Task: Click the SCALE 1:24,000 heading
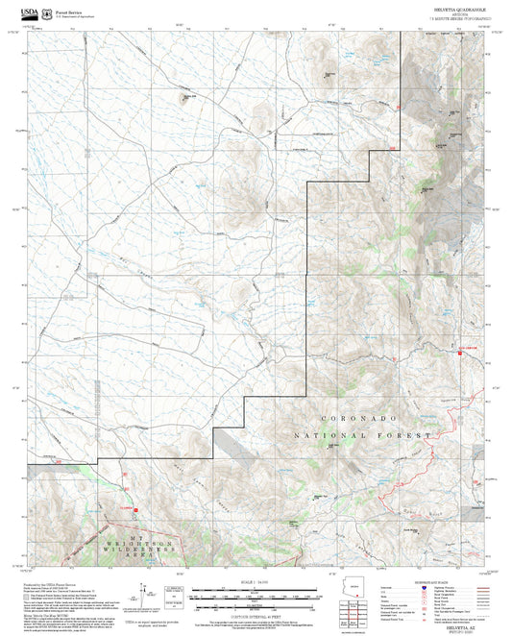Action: tap(256, 580)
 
